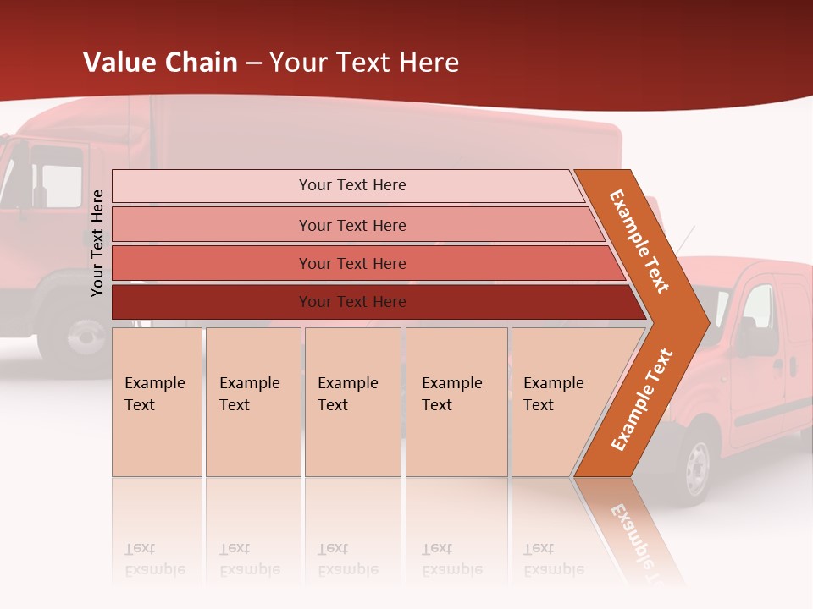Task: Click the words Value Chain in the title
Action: click(x=160, y=63)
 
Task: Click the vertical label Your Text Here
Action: click(x=97, y=243)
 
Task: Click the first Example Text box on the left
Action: click(x=157, y=402)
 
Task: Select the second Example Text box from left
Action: click(x=253, y=402)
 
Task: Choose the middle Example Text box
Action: click(x=352, y=402)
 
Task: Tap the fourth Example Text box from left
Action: click(x=456, y=402)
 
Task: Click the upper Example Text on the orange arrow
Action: click(x=639, y=241)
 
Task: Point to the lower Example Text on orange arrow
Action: click(x=641, y=400)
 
